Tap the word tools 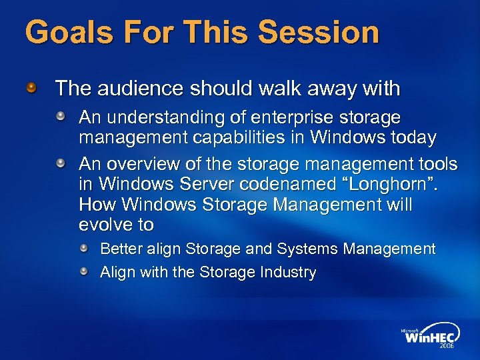point(436,163)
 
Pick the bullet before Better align point(85,249)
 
